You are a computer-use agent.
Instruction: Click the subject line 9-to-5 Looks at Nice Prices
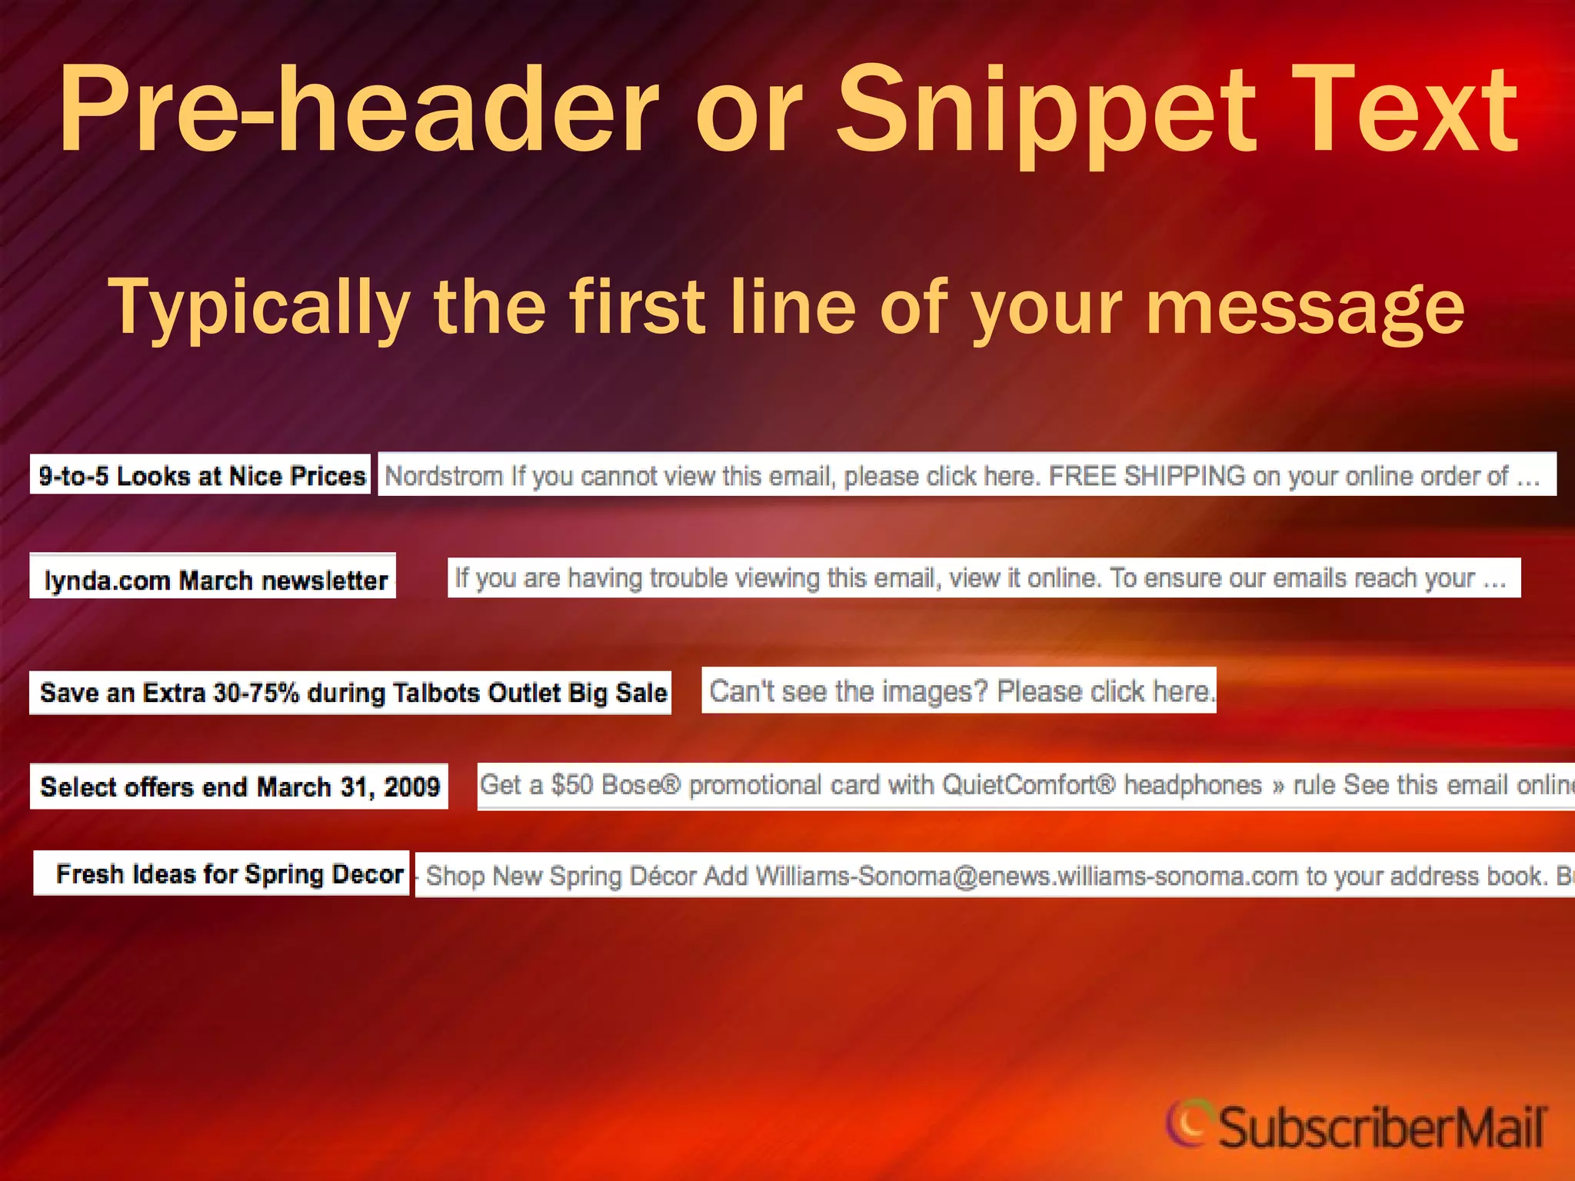tap(201, 476)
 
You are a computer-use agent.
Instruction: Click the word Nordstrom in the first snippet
tap(444, 476)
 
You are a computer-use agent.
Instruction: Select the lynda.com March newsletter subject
tap(215, 580)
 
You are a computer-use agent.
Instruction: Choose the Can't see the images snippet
tap(961, 691)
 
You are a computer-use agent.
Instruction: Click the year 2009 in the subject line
tap(412, 787)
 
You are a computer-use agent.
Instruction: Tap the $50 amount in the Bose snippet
tap(572, 785)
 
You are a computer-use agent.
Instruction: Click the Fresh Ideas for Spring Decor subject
tap(229, 874)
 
